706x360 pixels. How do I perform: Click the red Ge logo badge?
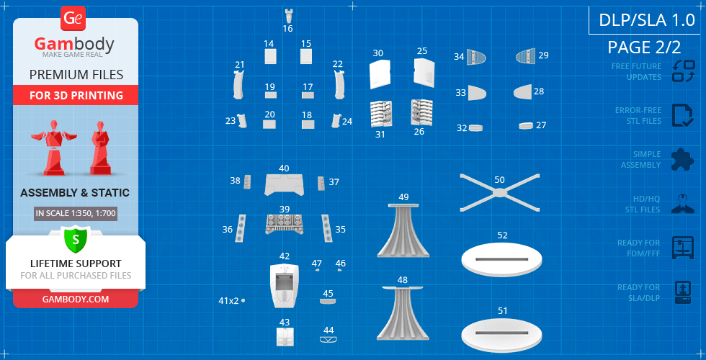73,19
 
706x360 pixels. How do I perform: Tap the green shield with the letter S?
75,239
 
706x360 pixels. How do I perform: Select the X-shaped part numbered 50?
499,193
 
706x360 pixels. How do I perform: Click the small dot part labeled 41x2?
243,300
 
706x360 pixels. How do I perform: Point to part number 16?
289,15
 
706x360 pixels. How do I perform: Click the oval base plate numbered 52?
501,260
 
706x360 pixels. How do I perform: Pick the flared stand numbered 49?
403,230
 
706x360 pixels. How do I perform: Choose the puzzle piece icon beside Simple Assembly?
683,160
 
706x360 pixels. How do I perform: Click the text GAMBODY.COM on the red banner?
76,299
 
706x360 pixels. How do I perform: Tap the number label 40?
284,168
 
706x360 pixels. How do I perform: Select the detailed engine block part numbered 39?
284,224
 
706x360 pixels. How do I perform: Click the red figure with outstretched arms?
55,147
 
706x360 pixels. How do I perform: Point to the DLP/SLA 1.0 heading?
647,20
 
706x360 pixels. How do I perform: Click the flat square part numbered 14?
270,57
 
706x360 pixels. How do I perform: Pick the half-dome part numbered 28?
522,92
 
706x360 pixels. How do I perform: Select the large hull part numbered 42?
285,285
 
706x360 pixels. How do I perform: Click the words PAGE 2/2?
644,47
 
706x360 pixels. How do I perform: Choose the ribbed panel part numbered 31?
381,114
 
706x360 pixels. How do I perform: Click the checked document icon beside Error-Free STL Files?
683,116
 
